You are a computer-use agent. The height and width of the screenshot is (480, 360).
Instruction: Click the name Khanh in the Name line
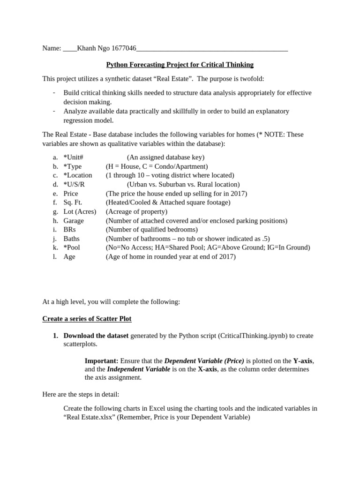coord(86,48)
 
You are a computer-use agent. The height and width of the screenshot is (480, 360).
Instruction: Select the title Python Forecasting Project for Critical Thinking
coord(180,65)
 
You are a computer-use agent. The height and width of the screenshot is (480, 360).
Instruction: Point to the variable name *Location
coord(78,175)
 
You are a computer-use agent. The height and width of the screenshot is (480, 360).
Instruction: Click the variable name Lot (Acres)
coord(80,211)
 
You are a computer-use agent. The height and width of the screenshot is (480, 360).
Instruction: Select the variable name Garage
coord(74,221)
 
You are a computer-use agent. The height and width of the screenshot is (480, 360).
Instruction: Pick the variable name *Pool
coord(73,247)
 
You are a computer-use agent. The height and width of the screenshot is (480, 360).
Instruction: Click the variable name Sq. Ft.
coord(73,202)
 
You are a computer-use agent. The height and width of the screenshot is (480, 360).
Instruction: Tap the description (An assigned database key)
coord(165,157)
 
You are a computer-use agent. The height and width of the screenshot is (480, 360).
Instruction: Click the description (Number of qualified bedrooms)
coord(151,230)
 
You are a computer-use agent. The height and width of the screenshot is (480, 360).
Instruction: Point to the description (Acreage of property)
coord(136,211)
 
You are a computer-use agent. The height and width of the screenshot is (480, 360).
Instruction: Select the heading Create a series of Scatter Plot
coord(87,319)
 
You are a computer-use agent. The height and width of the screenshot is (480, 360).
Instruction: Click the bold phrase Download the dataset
coord(96,336)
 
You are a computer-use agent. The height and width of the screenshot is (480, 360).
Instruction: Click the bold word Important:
coord(101,361)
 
